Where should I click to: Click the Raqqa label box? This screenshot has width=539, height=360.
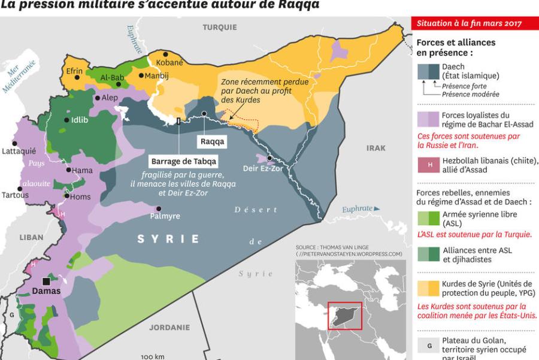click(213, 142)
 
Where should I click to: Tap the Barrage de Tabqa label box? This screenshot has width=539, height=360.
click(184, 162)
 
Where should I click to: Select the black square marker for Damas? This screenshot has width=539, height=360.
click(46, 281)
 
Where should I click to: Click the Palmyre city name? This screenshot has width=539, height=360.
click(164, 216)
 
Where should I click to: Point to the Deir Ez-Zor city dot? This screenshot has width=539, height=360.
click(270, 158)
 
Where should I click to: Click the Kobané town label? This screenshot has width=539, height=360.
click(169, 62)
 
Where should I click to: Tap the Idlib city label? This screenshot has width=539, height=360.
click(79, 119)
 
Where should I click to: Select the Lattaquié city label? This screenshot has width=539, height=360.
click(19, 151)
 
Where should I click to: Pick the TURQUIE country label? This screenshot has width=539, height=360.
click(219, 28)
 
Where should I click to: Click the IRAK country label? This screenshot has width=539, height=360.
click(376, 148)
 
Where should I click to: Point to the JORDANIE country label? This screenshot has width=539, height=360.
click(169, 328)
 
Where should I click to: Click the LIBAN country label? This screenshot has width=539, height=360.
click(31, 237)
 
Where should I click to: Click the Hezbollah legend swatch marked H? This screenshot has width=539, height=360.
click(428, 165)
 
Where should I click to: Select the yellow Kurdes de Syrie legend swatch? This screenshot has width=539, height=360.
click(428, 288)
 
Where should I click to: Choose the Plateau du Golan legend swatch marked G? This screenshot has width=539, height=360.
click(428, 346)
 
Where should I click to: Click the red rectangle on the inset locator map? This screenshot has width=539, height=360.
click(344, 316)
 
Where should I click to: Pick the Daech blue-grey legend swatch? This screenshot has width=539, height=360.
click(428, 71)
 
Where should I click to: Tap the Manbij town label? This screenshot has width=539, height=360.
click(157, 76)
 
